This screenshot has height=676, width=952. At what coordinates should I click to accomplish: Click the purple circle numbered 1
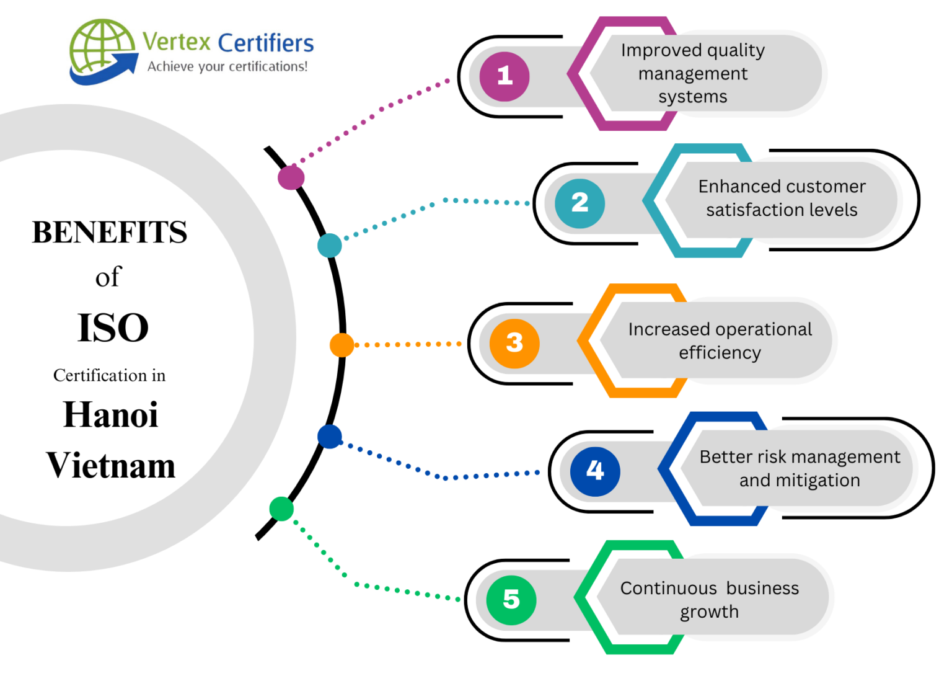coord(505,76)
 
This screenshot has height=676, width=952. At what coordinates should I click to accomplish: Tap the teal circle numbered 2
coord(580,203)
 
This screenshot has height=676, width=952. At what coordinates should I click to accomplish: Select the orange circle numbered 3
coord(514,343)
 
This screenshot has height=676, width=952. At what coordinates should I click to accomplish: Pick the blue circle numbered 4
coord(595,471)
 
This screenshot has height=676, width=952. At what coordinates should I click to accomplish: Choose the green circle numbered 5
coord(511,599)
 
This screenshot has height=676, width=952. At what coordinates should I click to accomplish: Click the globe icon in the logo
coord(101,47)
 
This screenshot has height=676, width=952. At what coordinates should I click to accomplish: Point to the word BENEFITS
coord(110,233)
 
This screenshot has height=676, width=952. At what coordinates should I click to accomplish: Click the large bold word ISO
coord(113,327)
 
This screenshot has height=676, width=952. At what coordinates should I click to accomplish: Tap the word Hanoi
coord(111,414)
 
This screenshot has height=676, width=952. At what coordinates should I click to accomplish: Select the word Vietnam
coord(111,465)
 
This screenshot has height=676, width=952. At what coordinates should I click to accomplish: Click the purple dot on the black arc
coord(291,177)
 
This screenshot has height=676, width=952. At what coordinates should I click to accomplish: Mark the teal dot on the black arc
coord(330,246)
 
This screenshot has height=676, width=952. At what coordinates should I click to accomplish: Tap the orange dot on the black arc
coord(342,345)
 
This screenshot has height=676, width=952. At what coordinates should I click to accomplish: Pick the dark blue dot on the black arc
coord(330,437)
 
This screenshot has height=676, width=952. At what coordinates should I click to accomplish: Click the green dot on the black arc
coord(281,509)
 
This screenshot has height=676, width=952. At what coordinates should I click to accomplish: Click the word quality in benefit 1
coord(736,51)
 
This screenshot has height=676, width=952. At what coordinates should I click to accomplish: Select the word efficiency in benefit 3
coord(720,353)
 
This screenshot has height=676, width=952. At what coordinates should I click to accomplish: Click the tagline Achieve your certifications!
coord(227,66)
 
